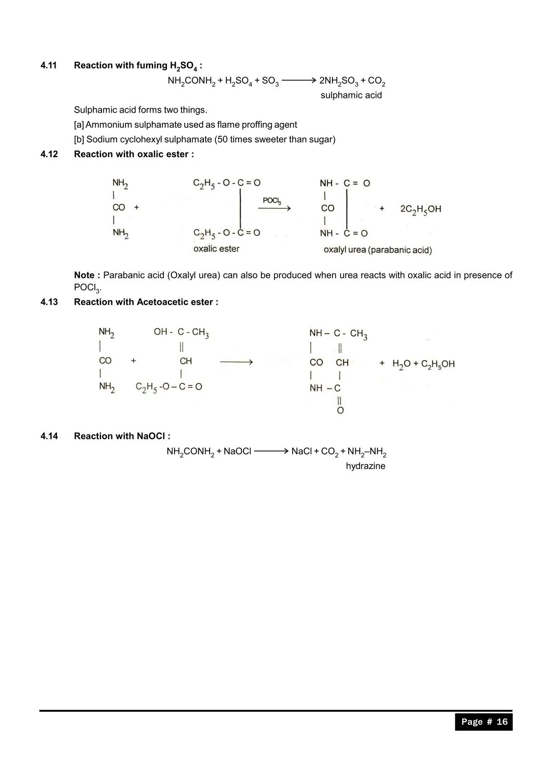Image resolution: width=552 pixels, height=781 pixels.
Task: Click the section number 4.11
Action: (x=49, y=65)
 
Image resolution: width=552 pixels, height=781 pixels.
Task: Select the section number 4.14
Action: (x=49, y=436)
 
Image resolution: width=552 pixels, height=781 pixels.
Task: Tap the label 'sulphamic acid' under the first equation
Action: (x=351, y=95)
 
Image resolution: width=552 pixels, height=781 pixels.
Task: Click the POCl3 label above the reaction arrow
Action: (x=272, y=201)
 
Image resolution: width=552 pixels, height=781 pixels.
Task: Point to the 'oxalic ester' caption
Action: (x=216, y=249)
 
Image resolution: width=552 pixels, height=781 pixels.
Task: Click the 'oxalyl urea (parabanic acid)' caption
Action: (x=377, y=250)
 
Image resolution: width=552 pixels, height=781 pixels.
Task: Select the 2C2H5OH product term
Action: (x=420, y=209)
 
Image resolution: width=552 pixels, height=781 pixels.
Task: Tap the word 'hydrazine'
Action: (x=365, y=466)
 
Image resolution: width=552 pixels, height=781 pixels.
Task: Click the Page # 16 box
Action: (x=483, y=722)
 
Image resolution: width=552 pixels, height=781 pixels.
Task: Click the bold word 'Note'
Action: (x=84, y=275)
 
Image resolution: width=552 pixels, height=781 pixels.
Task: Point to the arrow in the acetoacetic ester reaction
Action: (x=236, y=362)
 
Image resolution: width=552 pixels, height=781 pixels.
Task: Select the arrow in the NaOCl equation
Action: (x=272, y=451)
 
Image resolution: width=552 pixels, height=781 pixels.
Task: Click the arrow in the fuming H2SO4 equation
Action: (x=299, y=81)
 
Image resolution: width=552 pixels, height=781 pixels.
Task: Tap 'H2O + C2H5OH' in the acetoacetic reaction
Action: (x=423, y=364)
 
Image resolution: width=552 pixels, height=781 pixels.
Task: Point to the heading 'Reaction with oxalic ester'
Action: (x=134, y=154)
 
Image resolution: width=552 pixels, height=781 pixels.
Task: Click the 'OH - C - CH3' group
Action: (x=181, y=332)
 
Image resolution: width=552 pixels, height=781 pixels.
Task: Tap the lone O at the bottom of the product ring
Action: (x=340, y=411)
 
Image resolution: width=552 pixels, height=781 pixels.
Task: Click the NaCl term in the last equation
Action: (x=301, y=452)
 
